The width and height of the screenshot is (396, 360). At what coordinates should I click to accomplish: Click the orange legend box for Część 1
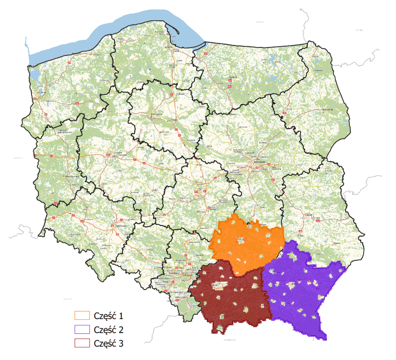[82, 315]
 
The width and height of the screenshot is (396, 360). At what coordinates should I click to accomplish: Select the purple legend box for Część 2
[82, 329]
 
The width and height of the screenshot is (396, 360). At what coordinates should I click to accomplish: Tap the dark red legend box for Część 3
[82, 343]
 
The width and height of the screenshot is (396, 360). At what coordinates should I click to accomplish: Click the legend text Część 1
[108, 315]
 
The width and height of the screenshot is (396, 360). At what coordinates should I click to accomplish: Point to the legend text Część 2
[108, 329]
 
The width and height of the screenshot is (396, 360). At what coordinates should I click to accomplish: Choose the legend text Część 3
[108, 343]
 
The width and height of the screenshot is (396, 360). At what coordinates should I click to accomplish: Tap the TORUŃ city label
[174, 120]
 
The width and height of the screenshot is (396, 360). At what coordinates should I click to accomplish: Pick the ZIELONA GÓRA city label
[72, 177]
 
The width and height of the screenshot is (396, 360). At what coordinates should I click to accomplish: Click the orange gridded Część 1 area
[249, 244]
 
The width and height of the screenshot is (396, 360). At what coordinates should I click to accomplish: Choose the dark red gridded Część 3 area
[233, 299]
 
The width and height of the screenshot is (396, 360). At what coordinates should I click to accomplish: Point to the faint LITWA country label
[359, 30]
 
